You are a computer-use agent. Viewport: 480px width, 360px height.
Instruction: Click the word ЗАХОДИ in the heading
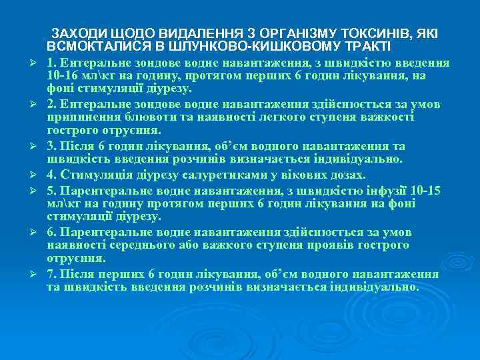coord(75,33)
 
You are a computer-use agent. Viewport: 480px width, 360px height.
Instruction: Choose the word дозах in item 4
coord(350,175)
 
